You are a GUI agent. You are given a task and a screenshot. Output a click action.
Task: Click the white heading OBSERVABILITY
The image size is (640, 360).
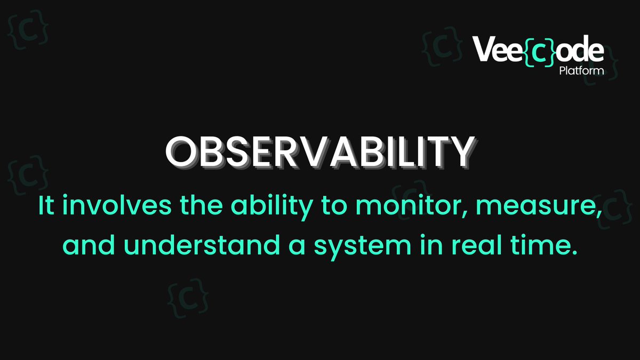(319, 151)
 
